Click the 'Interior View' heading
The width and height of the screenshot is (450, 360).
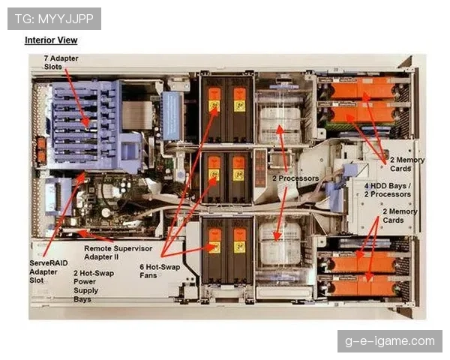tap(51, 40)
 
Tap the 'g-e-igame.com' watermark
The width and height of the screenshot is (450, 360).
tap(390, 341)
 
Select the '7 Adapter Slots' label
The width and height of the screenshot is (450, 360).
tap(61, 62)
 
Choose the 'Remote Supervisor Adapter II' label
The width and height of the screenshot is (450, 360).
tap(118, 252)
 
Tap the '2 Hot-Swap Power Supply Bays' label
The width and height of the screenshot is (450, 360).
tap(93, 286)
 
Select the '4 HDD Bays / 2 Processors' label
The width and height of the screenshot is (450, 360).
tap(387, 190)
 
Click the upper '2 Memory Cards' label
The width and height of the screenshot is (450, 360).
tap(407, 164)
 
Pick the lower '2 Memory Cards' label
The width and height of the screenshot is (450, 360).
tap(399, 216)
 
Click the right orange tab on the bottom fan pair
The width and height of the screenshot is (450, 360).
tap(239, 241)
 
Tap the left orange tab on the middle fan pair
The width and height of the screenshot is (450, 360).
tap(214, 167)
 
